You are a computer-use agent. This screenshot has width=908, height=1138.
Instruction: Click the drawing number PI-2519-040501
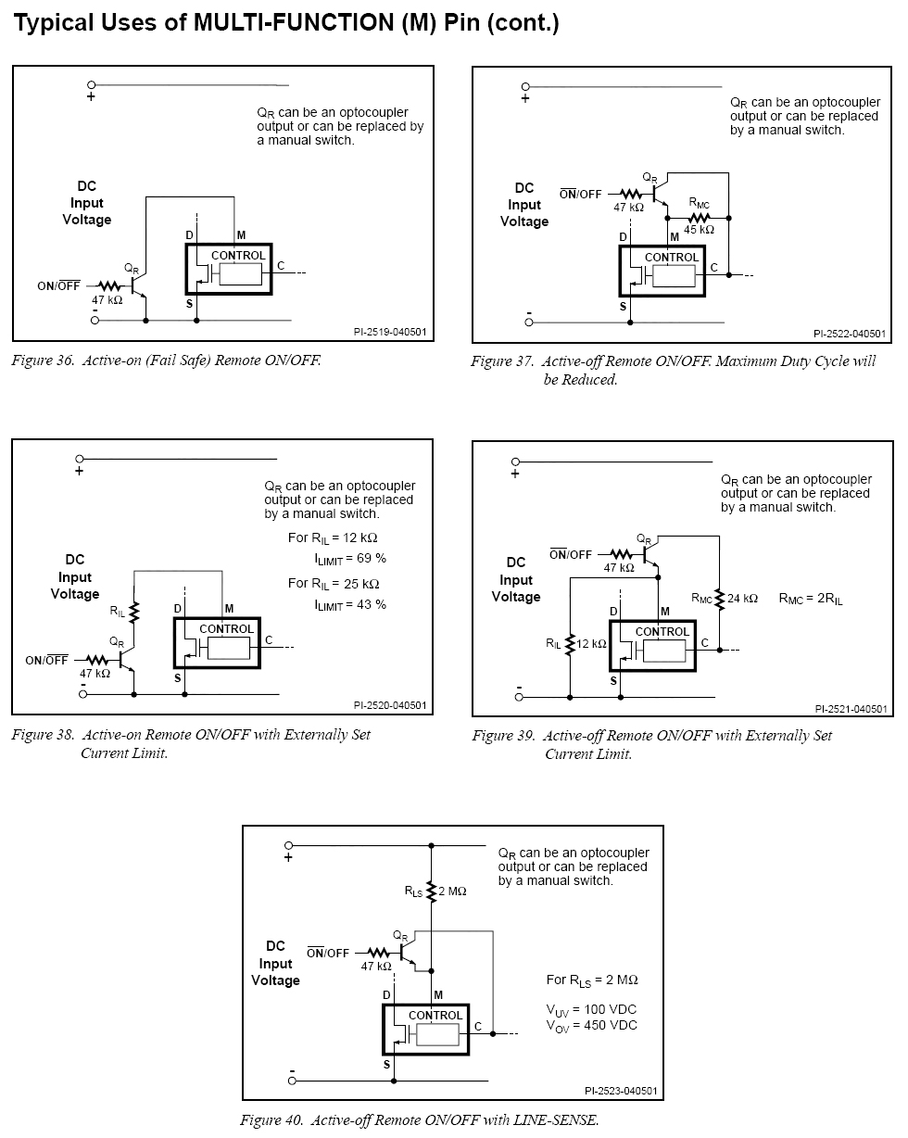(x=390, y=332)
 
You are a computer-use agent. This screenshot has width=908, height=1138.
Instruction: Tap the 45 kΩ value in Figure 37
(x=699, y=230)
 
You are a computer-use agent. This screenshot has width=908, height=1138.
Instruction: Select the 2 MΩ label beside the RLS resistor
(x=452, y=891)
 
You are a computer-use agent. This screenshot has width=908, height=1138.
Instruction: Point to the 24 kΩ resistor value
(x=742, y=598)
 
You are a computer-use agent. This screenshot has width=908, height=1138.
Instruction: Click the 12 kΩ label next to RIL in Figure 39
(x=591, y=643)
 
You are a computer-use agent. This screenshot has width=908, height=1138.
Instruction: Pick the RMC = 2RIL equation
(x=810, y=599)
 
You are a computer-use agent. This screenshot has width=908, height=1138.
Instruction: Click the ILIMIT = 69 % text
(x=350, y=559)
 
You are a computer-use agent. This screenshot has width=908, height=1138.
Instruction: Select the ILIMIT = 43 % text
(x=350, y=605)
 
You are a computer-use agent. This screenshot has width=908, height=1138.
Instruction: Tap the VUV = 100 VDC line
(x=591, y=1010)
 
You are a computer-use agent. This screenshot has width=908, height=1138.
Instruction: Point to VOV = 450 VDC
(x=591, y=1026)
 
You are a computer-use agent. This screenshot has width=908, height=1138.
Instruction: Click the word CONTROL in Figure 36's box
(x=238, y=256)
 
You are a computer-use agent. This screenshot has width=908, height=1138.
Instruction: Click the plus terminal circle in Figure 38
(x=80, y=459)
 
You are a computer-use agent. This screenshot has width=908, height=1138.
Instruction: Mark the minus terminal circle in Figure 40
(x=292, y=1081)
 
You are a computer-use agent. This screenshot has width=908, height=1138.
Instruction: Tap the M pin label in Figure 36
(x=241, y=235)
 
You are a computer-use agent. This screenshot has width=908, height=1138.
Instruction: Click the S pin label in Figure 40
(x=386, y=1065)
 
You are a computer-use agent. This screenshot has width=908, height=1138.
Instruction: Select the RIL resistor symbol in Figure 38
(x=133, y=612)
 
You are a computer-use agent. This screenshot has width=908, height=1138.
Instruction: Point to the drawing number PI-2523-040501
(x=621, y=1091)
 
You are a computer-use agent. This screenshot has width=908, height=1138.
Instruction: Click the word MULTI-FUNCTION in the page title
(x=294, y=23)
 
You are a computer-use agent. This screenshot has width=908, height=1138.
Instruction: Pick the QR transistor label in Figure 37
(x=649, y=177)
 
